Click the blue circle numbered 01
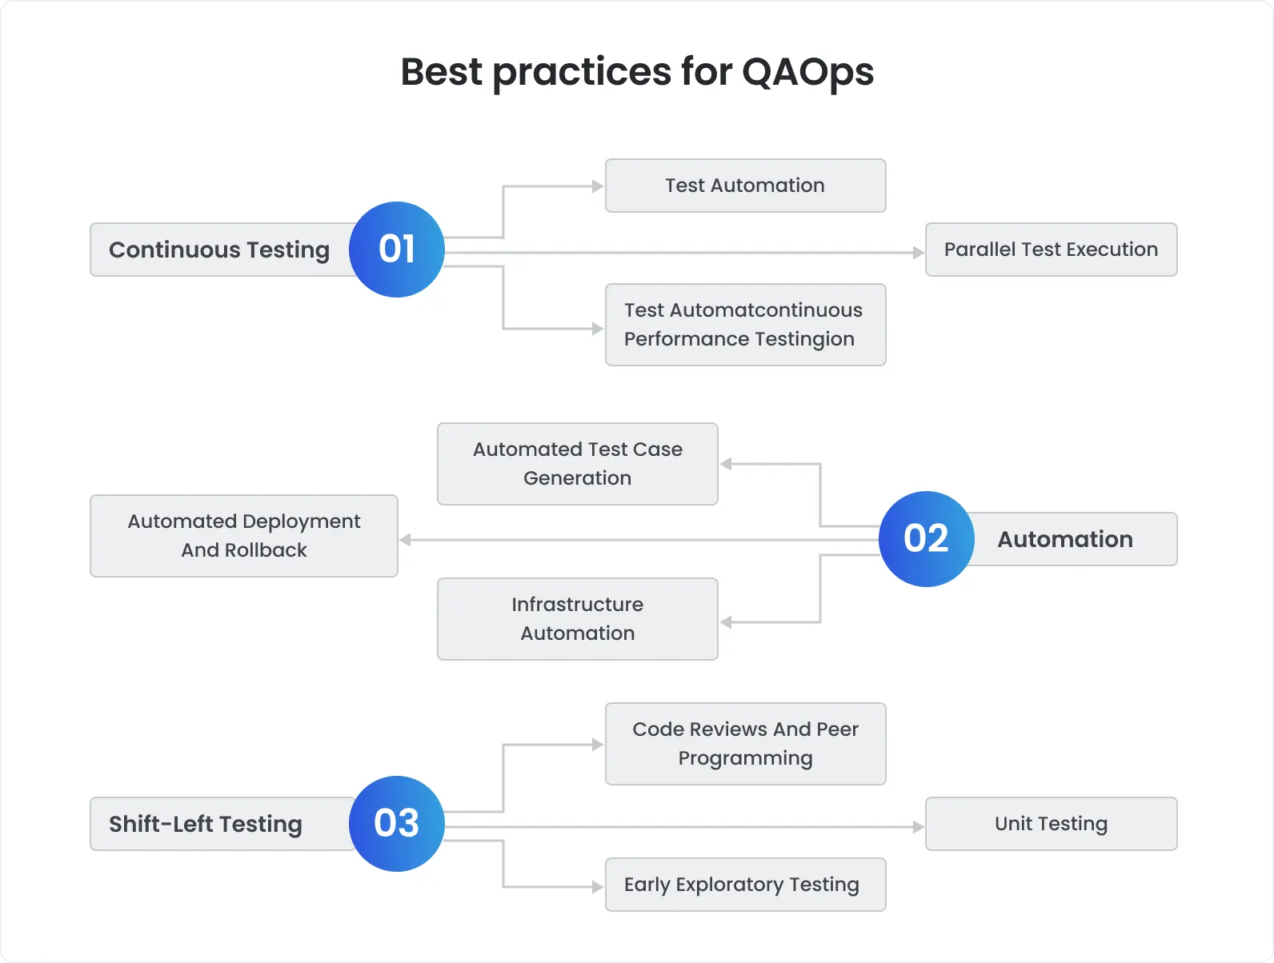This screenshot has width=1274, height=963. coord(396,250)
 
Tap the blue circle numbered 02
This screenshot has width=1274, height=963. coord(926,539)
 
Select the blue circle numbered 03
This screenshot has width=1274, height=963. coord(396,824)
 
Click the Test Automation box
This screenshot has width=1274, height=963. coord(745,186)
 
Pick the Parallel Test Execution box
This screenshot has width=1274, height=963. coord(1051,250)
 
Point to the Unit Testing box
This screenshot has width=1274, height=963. coord(1051,824)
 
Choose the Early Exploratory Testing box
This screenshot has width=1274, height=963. coord(745,885)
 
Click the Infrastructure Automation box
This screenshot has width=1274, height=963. coord(577,619)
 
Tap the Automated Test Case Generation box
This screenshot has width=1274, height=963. coord(577,464)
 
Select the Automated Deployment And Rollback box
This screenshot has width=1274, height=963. coord(243,536)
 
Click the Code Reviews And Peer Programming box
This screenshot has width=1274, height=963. coord(745,744)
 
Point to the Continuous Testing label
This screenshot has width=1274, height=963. coord(218,250)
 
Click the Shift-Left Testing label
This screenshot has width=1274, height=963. coord(206,825)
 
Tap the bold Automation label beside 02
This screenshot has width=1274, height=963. coord(1064,540)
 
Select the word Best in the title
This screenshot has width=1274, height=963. coord(441,72)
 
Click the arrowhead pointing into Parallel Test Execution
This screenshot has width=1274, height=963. coord(919,253)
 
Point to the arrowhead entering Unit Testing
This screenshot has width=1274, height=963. coord(919,827)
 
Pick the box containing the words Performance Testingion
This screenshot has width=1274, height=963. coord(745,325)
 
